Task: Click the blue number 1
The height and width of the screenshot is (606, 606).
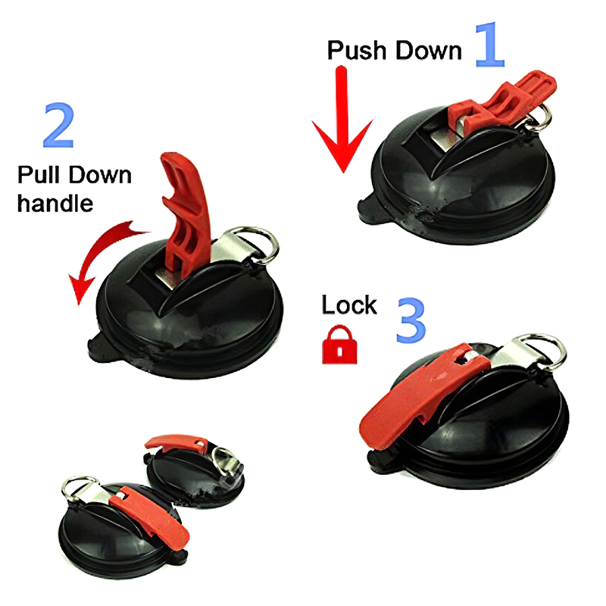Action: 491,45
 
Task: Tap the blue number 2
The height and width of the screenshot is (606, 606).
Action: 58,125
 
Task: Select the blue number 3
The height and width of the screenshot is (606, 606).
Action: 411,320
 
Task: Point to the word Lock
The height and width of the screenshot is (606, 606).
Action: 349,305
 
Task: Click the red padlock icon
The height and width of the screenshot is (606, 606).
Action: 339,345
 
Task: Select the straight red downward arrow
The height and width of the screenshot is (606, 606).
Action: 342,120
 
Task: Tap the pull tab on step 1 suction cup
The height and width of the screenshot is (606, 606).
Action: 368,210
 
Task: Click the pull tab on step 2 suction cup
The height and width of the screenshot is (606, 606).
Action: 98,347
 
